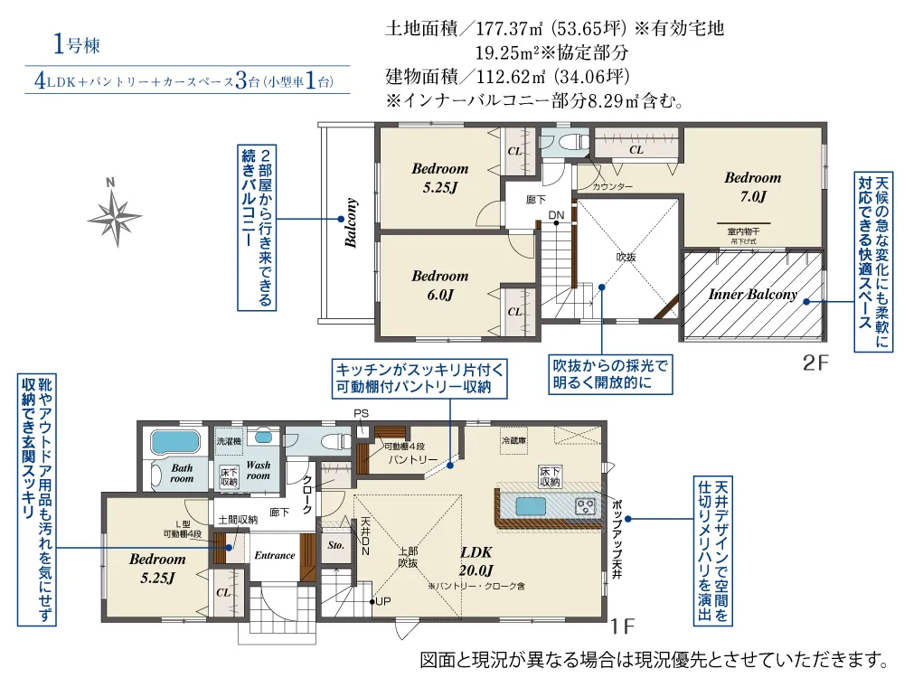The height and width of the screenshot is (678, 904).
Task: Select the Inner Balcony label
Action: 752,295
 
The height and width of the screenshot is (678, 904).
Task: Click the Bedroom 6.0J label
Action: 438,286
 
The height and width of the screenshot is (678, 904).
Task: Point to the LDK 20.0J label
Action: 476,560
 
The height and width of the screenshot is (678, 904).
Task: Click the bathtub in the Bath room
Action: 176,443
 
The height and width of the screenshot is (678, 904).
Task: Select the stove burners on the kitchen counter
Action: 585,505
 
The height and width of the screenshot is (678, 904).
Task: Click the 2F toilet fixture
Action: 567,143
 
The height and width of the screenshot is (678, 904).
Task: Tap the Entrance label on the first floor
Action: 274,555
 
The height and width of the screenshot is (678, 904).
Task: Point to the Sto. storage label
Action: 335,547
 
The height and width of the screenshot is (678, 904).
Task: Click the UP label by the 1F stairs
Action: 382,602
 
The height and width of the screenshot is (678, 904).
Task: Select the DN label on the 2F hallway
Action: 557,214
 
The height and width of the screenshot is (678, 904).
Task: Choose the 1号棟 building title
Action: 71,42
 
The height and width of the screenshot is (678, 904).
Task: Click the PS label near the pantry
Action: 362,415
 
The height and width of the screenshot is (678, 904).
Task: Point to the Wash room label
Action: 259,470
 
